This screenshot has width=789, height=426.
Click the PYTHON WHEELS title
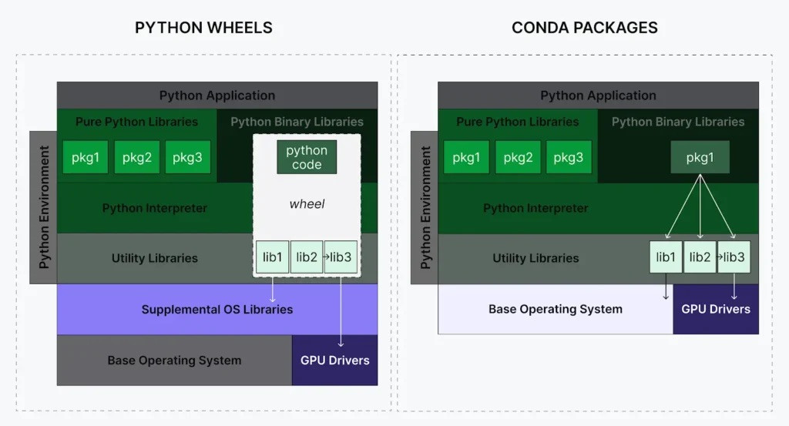point(203,28)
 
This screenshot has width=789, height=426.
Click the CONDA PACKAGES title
point(584,28)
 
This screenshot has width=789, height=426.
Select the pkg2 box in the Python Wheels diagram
point(136,158)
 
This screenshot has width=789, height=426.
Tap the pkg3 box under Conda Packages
point(569,158)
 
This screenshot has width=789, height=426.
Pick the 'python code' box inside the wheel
point(307,157)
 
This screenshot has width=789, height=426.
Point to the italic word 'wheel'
point(307,204)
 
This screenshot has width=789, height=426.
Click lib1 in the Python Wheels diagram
point(273,257)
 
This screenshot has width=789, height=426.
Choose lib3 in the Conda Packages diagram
point(734,257)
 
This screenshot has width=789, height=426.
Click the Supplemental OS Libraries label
point(217,310)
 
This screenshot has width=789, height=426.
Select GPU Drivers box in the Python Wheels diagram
point(334,360)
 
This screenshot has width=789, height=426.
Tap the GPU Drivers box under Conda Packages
point(716,309)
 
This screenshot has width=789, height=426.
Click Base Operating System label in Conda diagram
point(555,309)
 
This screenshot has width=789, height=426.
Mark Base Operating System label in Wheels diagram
point(174,360)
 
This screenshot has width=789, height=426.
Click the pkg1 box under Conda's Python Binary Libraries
point(700,158)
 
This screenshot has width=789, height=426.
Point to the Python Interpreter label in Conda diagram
point(536,208)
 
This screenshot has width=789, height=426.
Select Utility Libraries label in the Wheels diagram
point(154,258)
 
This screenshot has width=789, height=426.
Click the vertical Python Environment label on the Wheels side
point(44,206)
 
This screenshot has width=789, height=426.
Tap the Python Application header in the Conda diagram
point(598,96)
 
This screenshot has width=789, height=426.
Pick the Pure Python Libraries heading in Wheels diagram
point(136,122)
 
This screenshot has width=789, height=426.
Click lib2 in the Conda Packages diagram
point(700,257)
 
